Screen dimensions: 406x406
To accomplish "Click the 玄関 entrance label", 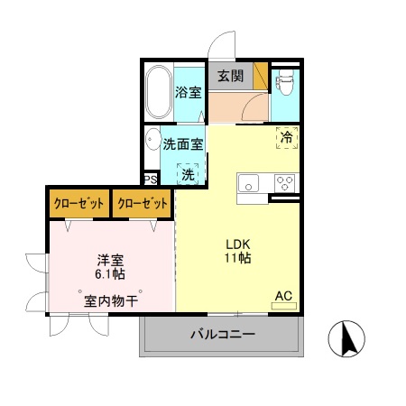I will tap(230, 76).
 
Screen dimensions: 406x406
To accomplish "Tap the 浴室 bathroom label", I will tap(188, 92).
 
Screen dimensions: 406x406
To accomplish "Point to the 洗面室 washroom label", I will tap(183, 143).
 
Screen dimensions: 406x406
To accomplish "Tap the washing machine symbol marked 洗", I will tap(188, 173).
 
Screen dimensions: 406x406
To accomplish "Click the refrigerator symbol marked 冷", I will tap(286, 138).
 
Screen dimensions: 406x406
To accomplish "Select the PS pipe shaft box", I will tap(149, 180).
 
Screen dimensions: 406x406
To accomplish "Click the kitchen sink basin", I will tap(248, 183).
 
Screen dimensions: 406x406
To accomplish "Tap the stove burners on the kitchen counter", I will tap(284, 183).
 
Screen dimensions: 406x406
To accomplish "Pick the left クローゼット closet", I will tap(78, 204).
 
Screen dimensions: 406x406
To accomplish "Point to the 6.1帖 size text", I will tap(111, 273).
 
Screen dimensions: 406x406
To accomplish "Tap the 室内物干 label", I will tap(111, 300).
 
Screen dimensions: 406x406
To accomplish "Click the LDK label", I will tap(237, 245).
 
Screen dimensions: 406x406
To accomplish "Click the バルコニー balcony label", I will tap(222, 334).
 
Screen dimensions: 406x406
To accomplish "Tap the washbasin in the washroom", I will tap(150, 141).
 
